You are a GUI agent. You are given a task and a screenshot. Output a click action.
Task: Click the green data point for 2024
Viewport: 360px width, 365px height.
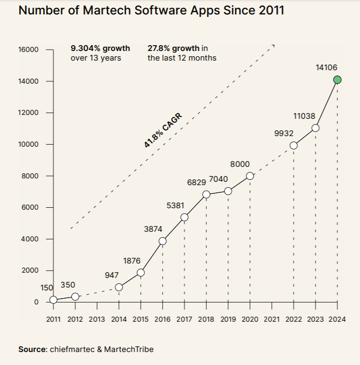[x=337, y=80]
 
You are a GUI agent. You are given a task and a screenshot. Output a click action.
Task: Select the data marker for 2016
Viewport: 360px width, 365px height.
[x=163, y=241]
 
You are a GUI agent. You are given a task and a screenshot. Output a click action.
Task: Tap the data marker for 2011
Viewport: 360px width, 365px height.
[x=53, y=300]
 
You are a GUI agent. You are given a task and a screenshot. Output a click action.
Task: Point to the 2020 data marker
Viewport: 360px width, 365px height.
[x=250, y=176]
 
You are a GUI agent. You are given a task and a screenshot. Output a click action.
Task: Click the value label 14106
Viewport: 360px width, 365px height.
[x=326, y=68]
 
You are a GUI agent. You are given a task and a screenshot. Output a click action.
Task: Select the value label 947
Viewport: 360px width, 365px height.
[x=112, y=276]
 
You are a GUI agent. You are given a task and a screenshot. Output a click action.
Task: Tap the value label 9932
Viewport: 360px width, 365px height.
[x=284, y=133]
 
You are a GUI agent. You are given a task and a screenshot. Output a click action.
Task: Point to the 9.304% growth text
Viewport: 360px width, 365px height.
[x=100, y=49]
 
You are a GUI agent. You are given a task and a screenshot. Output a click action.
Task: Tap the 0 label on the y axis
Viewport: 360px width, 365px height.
[x=36, y=302]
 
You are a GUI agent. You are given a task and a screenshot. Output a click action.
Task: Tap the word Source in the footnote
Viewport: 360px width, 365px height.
[x=32, y=350]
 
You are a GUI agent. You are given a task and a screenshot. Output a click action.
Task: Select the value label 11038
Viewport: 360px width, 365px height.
[x=304, y=116]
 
